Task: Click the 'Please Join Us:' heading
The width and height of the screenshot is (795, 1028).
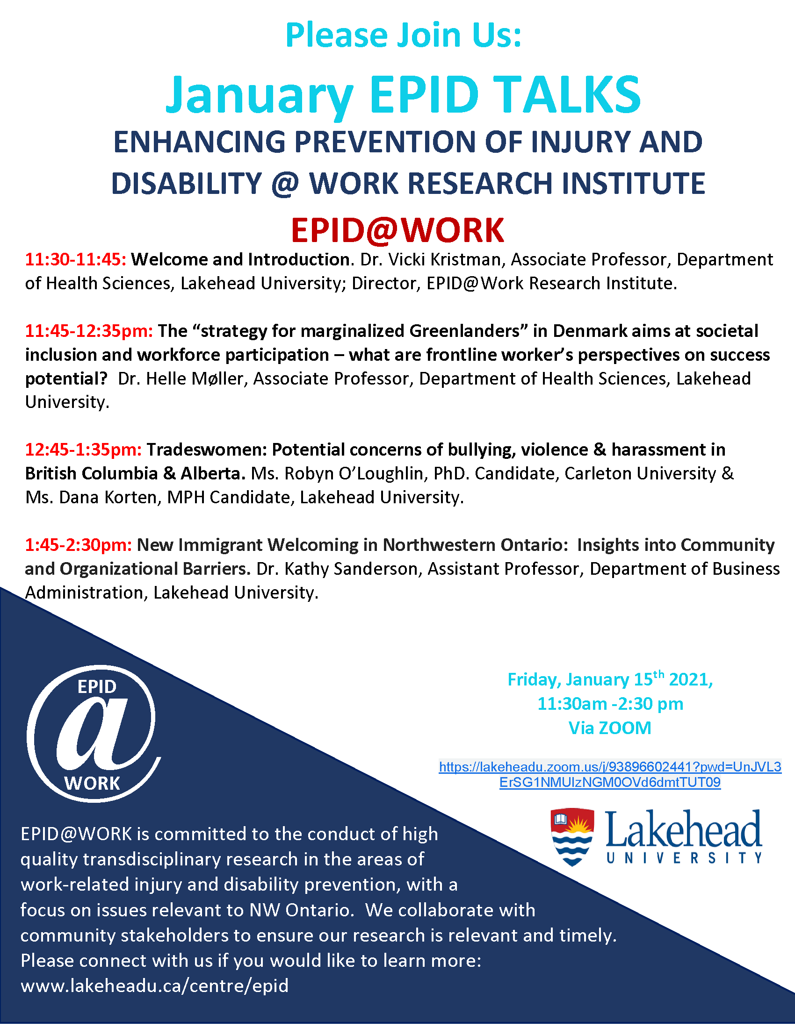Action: [x=404, y=36]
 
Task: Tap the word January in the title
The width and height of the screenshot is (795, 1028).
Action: [x=260, y=95]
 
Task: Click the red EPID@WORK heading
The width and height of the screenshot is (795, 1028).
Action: [x=397, y=230]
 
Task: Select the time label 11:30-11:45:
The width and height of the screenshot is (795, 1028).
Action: [x=76, y=259]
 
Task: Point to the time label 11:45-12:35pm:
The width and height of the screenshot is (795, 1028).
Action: [x=89, y=331]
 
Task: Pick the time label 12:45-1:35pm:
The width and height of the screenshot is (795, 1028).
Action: [x=83, y=450]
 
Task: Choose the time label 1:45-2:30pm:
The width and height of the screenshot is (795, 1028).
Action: [x=79, y=544]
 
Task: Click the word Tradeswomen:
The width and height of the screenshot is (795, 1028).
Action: [x=207, y=450]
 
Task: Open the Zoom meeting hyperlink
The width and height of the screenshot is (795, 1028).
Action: [x=610, y=774]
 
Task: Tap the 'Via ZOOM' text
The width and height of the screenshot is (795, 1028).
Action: [x=610, y=728]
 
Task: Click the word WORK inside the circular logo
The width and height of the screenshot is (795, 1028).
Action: [x=92, y=784]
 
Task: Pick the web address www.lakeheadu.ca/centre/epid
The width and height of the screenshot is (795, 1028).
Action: [x=154, y=985]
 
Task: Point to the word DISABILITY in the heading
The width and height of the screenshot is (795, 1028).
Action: [x=187, y=183]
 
